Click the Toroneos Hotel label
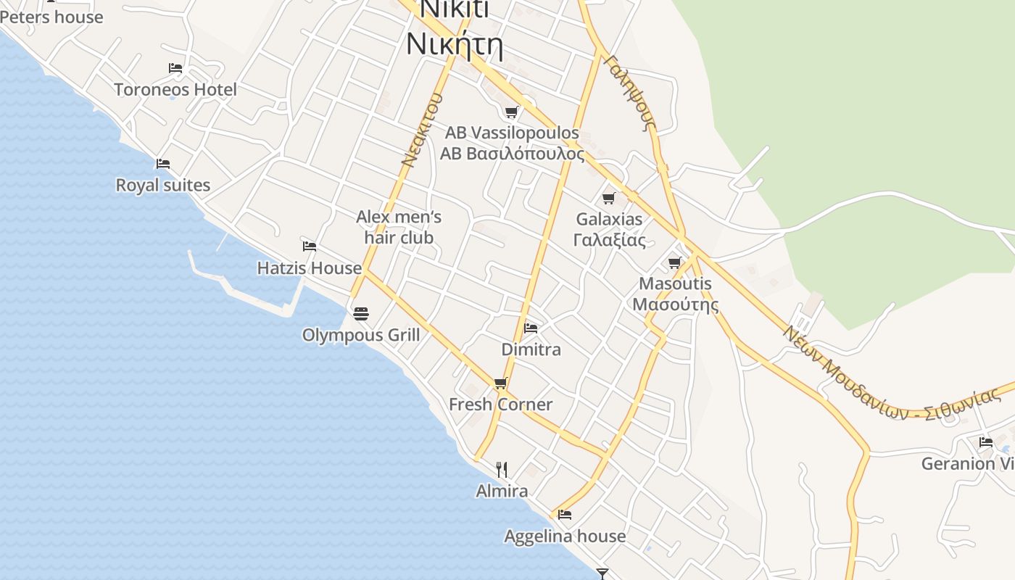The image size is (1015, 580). point(175,90)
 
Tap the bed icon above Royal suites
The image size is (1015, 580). point(163,164)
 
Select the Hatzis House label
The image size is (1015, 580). point(310,268)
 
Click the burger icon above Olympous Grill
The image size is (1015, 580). point(361,313)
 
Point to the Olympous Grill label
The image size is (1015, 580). point(361,335)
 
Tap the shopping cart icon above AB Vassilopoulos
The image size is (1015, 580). point(512,112)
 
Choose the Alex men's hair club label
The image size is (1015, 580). point(399,227)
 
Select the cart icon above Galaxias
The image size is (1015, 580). point(609,198)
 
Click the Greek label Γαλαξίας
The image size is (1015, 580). point(609,240)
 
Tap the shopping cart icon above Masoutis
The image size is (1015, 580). point(675,262)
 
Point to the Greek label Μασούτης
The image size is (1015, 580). point(675,304)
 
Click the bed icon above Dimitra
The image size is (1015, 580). point(531,328)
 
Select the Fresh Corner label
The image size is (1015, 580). point(501,405)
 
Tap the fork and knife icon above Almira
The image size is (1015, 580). point(502,470)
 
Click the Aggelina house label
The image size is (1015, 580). point(565,536)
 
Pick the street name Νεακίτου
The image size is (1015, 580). point(422,130)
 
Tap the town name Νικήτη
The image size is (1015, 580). point(455,43)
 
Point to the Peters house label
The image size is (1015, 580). point(52,17)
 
